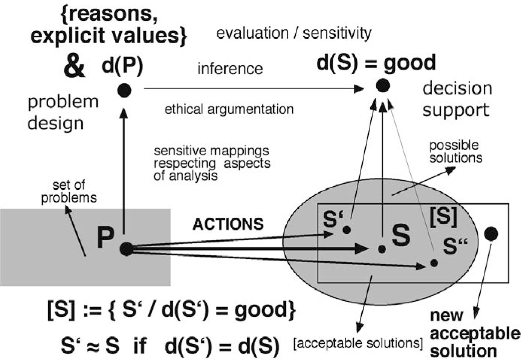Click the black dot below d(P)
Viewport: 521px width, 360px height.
coord(124,90)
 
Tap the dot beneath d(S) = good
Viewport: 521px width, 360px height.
coord(383,86)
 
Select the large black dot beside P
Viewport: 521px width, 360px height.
coord(127,249)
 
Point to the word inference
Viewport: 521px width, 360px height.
coord(230,69)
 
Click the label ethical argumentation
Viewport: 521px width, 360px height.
coord(229,109)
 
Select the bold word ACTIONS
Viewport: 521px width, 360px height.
coord(228,224)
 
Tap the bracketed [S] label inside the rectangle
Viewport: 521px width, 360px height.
coord(443,217)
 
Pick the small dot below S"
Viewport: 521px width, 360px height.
coord(434,263)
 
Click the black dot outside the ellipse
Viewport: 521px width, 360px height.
coord(490,234)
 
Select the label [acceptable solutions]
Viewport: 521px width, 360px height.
coord(358,343)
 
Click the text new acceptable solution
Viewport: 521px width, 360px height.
coord(473,333)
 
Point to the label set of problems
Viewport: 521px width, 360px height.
coord(69,191)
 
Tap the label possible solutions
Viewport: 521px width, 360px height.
coord(455,151)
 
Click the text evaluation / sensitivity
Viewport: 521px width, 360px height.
coord(294,33)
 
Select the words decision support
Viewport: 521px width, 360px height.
coord(457,99)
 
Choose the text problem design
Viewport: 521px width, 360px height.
coord(63,112)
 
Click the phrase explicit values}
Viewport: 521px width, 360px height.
coord(108,35)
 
